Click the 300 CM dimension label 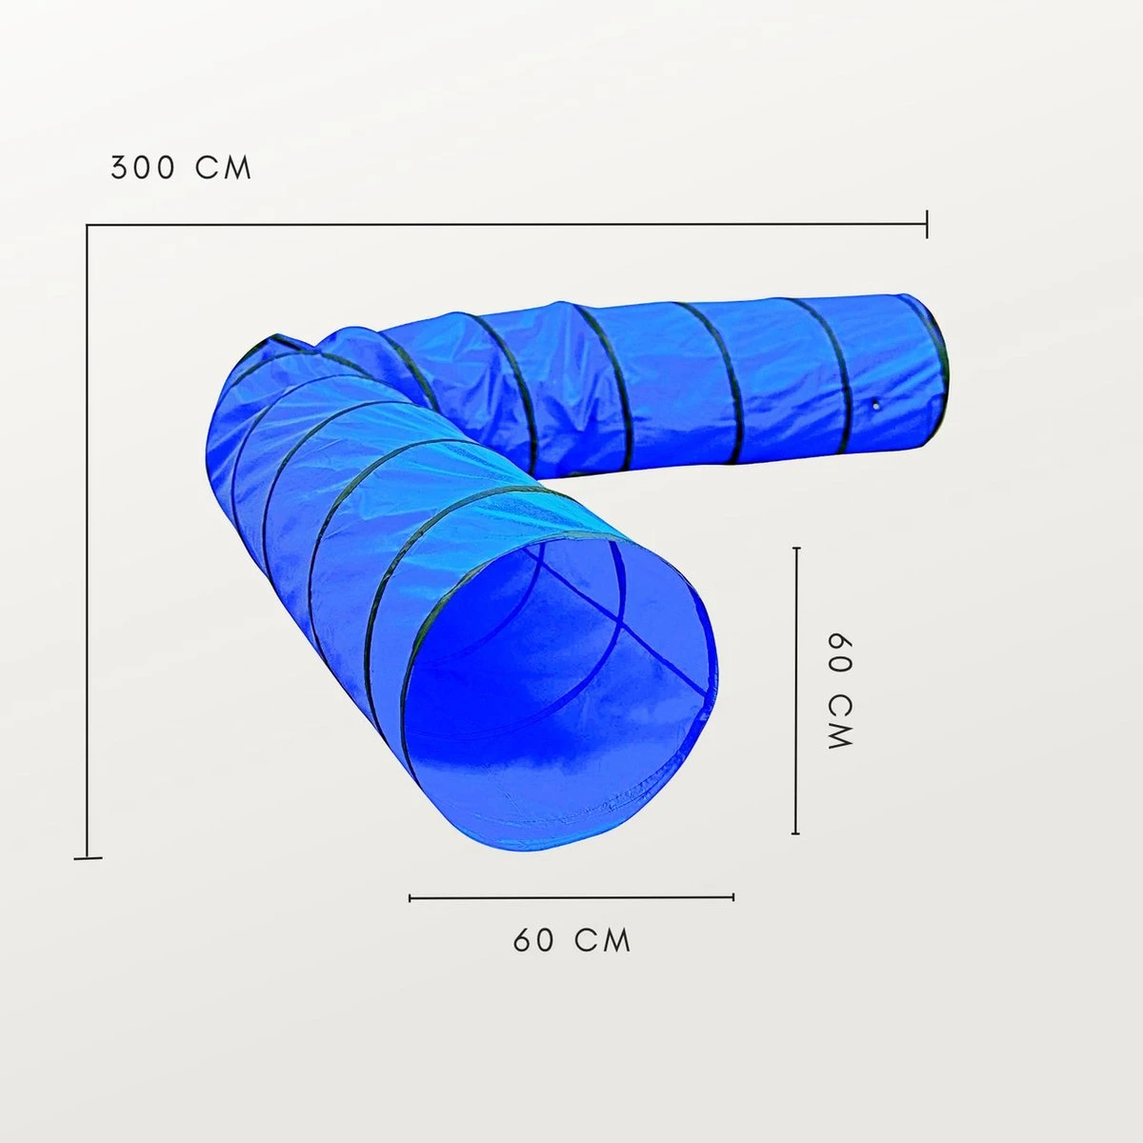point(182,168)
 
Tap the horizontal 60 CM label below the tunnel point(571,940)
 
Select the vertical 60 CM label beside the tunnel point(840,691)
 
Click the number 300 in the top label point(144,168)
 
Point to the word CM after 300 point(224,168)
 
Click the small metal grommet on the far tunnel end point(876,406)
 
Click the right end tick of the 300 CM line point(927,224)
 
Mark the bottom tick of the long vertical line point(88,857)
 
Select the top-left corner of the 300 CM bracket point(88,225)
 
